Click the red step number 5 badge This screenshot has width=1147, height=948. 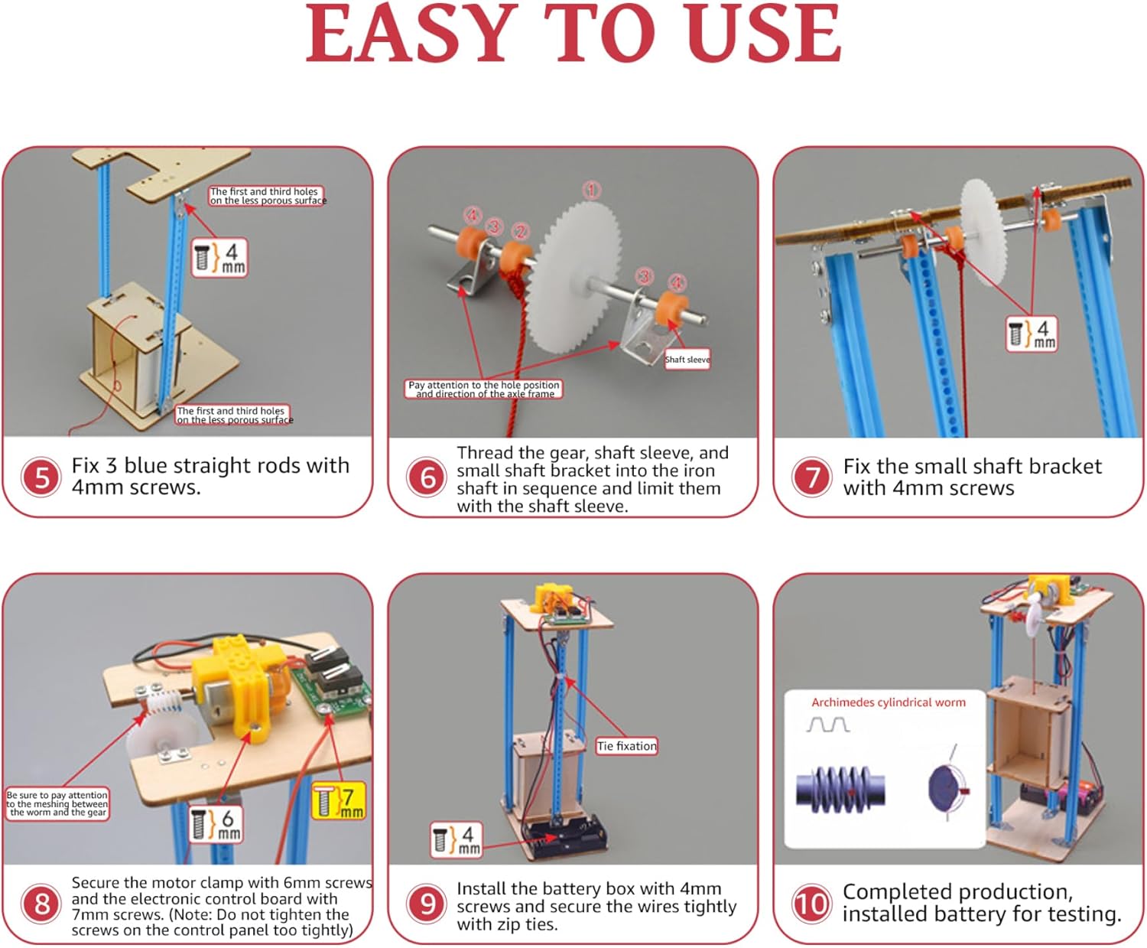click(x=41, y=477)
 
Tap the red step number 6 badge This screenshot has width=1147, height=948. click(x=427, y=477)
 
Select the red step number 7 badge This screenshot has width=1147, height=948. click(x=812, y=477)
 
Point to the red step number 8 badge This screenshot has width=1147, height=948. click(x=41, y=904)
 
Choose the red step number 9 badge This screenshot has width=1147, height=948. click(x=427, y=904)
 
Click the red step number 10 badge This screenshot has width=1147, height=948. click(x=812, y=904)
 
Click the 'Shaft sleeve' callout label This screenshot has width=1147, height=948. click(x=687, y=360)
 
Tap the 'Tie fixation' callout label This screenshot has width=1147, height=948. click(x=627, y=746)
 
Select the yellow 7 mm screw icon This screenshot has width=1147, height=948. click(x=339, y=801)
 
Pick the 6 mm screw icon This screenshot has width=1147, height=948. click(x=216, y=824)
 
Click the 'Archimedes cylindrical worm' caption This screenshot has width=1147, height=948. click(x=889, y=702)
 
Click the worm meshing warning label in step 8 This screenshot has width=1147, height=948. click(x=57, y=804)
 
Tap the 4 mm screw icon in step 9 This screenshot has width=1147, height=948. click(x=457, y=840)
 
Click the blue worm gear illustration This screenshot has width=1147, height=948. click(x=840, y=790)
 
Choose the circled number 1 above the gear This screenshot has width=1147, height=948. click(x=592, y=191)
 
